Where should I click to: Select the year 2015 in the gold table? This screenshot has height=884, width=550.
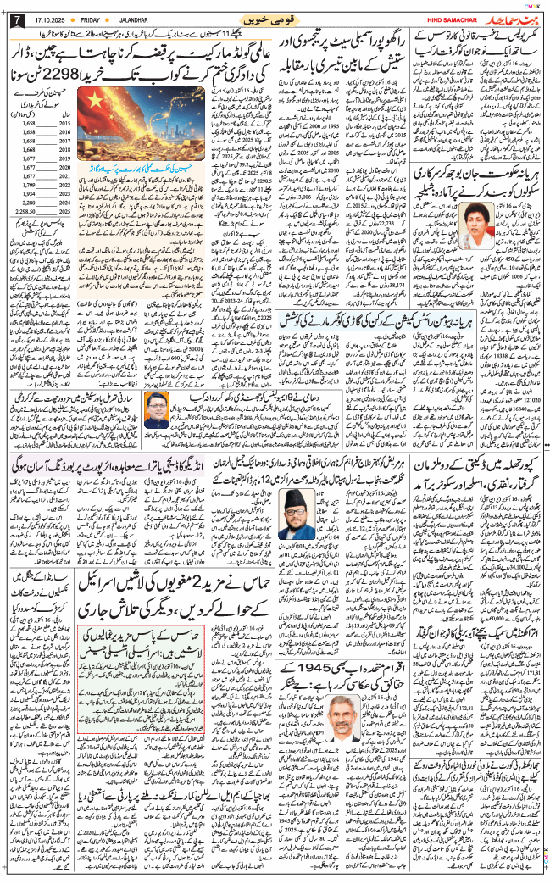coord(64,124)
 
